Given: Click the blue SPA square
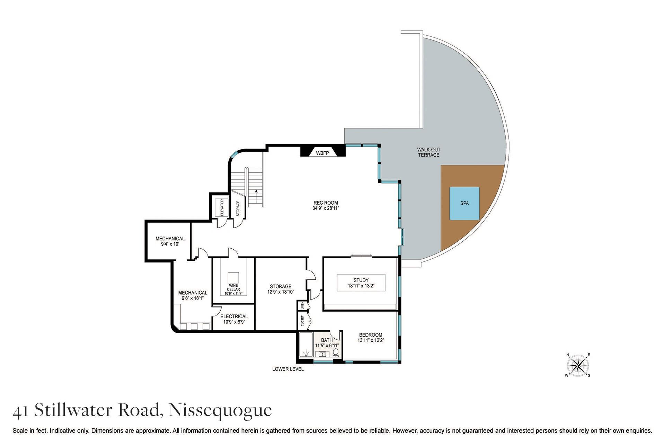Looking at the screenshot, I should (464, 203).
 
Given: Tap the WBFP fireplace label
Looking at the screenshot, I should (322, 153).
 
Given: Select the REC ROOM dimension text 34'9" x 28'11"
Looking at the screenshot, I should (326, 208).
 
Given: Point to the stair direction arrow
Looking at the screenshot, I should (256, 191).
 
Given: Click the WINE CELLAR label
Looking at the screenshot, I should (233, 287).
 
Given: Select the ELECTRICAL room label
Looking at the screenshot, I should (234, 316).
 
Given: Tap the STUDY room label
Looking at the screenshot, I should (361, 280).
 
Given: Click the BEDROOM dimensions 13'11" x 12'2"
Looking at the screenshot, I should (371, 340).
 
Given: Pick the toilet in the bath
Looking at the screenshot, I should (335, 353).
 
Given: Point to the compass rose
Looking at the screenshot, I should (578, 365).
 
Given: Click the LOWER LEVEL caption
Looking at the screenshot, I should (288, 369).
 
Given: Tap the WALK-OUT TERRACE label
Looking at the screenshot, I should (428, 152).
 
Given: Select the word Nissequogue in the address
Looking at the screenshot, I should (220, 410).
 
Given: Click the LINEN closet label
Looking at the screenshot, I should (302, 305).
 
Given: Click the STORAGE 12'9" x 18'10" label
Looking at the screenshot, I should (281, 289).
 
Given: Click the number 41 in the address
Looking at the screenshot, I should (21, 411).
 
